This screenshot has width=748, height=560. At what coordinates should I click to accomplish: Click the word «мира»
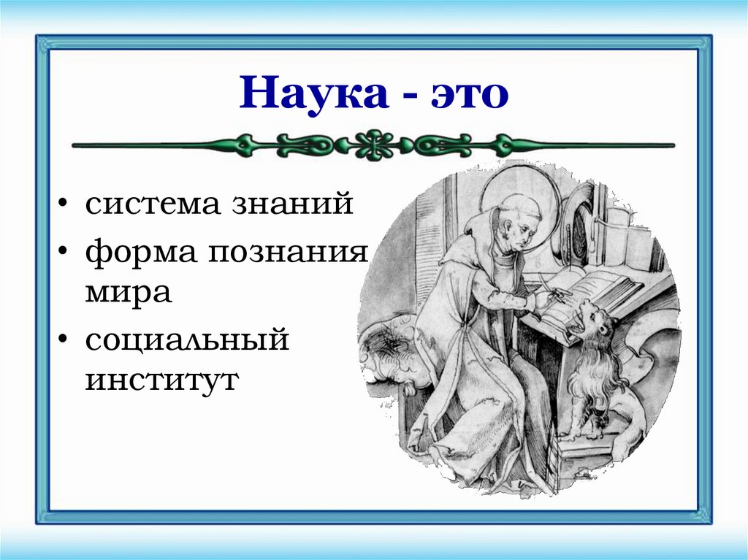(127, 291)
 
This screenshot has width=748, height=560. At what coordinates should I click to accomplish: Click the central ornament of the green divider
(373, 145)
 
